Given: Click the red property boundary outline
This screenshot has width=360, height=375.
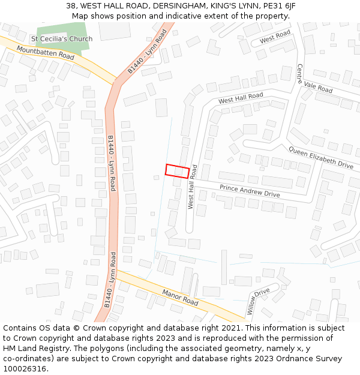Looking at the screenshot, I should pyautogui.click(x=178, y=171).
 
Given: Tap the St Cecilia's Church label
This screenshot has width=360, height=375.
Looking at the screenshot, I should pyautogui.click(x=62, y=39).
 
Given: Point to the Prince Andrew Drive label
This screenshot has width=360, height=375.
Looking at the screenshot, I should pyautogui.click(x=250, y=191).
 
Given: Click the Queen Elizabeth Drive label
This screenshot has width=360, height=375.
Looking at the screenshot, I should pyautogui.click(x=321, y=157).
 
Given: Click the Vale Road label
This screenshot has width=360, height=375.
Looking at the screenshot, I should pyautogui.click(x=318, y=87).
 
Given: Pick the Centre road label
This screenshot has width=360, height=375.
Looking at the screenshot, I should pyautogui.click(x=301, y=75).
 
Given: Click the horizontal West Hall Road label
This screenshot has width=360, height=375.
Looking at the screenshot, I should pyautogui.click(x=241, y=98).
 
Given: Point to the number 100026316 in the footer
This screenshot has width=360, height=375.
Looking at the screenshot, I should pyautogui.click(x=25, y=369).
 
